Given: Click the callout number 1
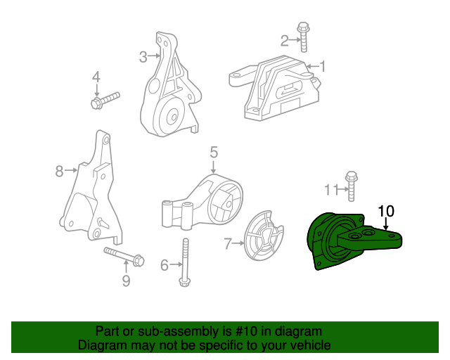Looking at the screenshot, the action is tap(323, 67).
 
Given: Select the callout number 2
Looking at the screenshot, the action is tap(285, 40).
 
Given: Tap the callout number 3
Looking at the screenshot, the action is tap(142, 56).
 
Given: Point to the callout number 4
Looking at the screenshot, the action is tap(97, 77).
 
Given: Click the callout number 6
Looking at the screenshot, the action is tap(165, 265).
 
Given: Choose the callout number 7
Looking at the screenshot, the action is tap(228, 244).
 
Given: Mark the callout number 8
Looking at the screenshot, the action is tap(59, 169).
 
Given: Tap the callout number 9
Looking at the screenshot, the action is tap(126, 281).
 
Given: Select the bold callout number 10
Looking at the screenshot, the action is tap(387, 210).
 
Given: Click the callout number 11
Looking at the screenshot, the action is tap(330, 189).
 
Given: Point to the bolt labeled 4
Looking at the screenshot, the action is tap(105, 100).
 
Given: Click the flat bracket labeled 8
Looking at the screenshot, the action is tap(91, 190).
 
